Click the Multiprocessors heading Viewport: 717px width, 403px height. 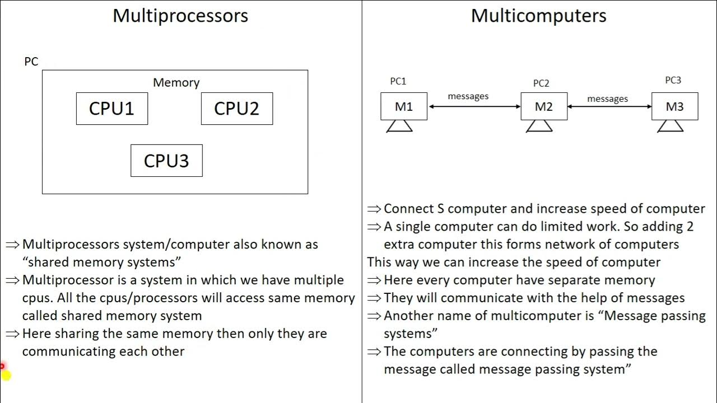180,15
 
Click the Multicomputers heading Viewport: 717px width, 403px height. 538,15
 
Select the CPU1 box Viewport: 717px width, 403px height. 112,109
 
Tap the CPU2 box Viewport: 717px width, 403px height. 237,109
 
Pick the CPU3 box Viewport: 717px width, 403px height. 166,161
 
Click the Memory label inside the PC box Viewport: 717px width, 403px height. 176,82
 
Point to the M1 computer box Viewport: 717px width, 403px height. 404,106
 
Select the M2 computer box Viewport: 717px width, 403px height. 544,106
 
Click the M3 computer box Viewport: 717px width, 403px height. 674,106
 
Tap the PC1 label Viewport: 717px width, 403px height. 398,81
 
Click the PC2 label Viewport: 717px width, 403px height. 541,83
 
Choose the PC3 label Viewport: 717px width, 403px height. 673,80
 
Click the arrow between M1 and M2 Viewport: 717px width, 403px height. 474,106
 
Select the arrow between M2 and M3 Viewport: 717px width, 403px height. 609,106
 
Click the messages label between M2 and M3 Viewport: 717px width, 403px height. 607,99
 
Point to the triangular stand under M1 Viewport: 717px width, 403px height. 399,126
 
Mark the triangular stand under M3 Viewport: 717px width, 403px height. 670,126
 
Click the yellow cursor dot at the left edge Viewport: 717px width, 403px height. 5,375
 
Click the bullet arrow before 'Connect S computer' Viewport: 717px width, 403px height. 374,209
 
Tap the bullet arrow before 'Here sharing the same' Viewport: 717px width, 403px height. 12,334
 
